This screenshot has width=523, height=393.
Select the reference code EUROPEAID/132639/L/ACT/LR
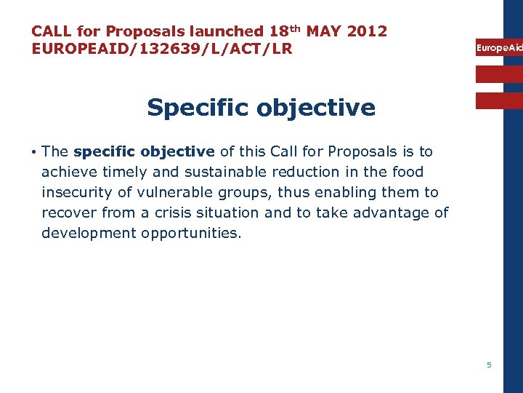tap(161, 49)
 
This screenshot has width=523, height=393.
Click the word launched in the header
tap(226, 31)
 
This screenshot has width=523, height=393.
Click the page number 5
tap(489, 365)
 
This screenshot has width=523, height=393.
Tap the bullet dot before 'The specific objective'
tap(34, 152)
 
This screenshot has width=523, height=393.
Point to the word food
tap(408, 172)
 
